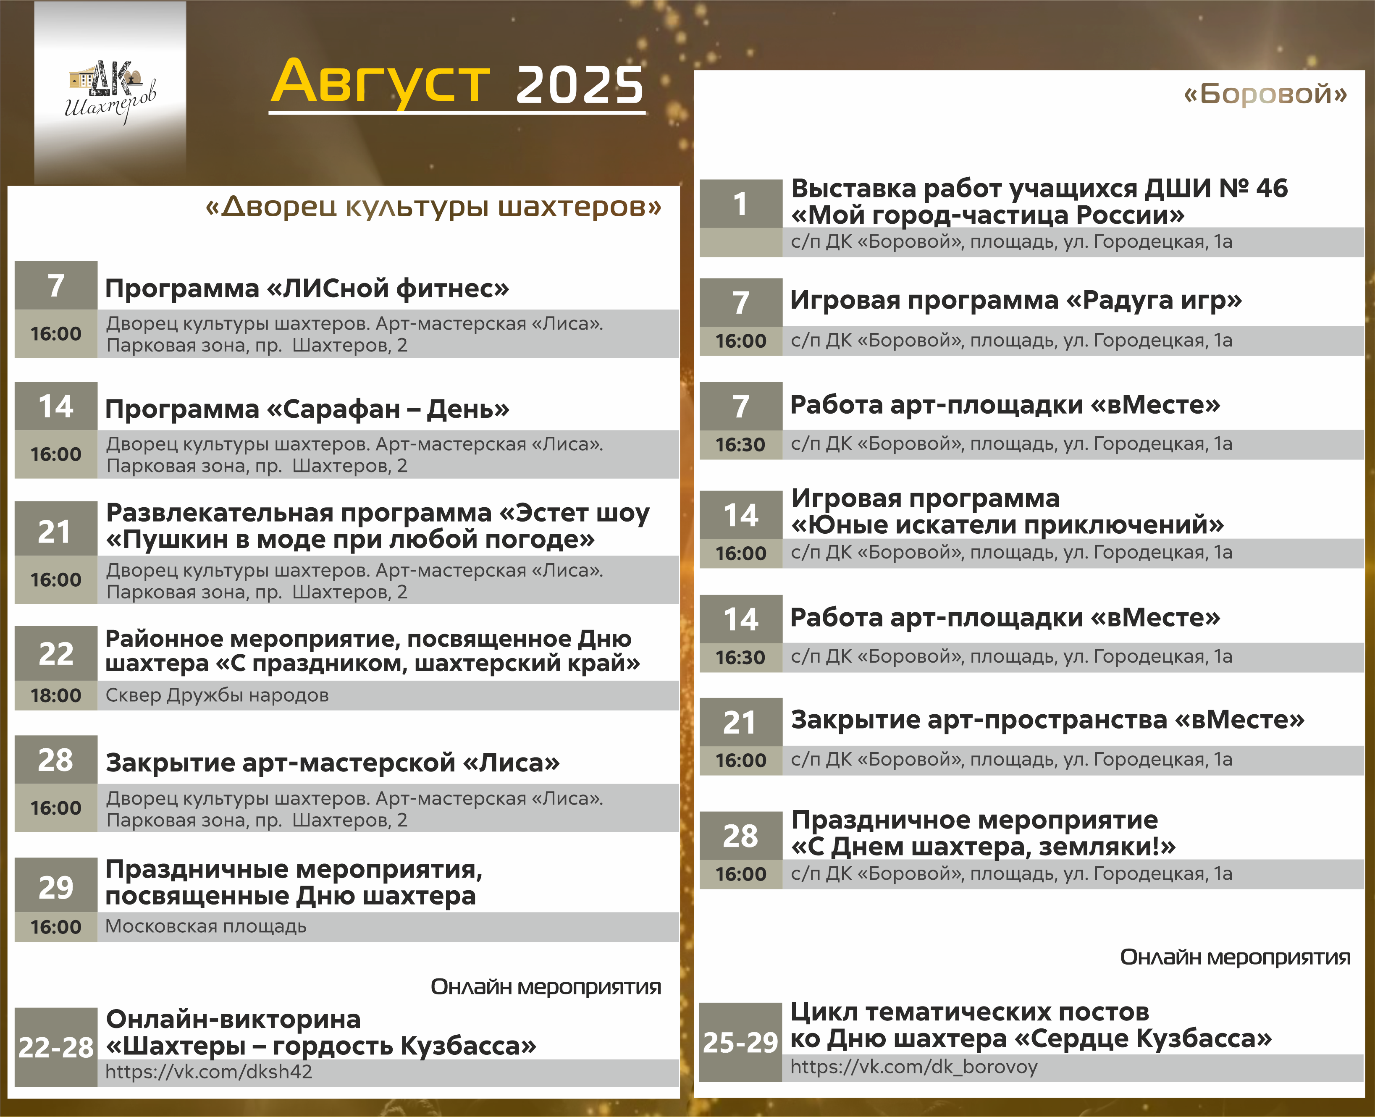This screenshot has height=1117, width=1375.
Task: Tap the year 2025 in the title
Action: [579, 84]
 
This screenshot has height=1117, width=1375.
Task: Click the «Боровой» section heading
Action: [1265, 94]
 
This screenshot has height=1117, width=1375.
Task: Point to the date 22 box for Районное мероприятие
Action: [56, 653]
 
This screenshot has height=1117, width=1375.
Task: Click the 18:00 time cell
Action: [56, 695]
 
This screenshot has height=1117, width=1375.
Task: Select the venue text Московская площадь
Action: [206, 926]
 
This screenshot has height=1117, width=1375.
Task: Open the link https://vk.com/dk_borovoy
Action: [914, 1067]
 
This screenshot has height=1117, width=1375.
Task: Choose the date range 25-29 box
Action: [740, 1042]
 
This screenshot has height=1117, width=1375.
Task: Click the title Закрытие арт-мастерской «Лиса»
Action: [333, 763]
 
